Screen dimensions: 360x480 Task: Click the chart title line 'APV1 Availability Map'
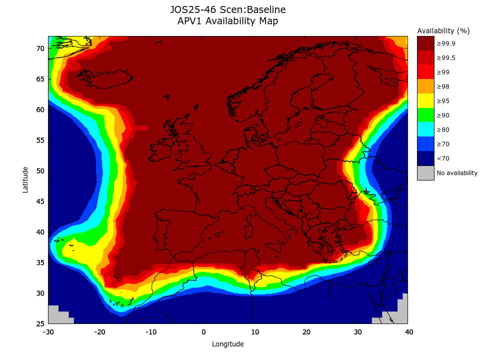[227, 21]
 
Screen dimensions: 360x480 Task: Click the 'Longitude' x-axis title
[227, 344]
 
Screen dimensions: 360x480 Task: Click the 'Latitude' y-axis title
[25, 180]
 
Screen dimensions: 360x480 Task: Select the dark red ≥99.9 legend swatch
[425, 43]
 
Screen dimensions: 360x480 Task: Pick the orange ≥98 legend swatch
[425, 86]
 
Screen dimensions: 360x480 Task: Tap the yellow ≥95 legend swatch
[425, 101]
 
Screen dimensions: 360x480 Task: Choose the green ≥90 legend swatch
[425, 115]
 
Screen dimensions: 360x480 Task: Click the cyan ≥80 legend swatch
[425, 130]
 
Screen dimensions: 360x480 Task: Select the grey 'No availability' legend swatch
[425, 173]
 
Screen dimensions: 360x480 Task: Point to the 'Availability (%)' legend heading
[443, 31]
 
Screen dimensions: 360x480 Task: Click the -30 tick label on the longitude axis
[48, 332]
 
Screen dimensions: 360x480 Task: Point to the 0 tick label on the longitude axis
[203, 332]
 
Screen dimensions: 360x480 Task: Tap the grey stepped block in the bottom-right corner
[397, 312]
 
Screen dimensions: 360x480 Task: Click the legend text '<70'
[442, 158]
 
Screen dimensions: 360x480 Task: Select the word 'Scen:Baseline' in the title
[256, 9]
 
